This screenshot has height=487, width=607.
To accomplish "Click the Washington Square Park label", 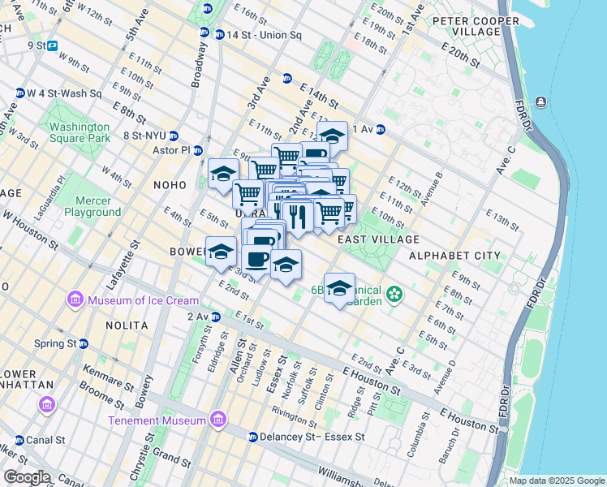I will [x=79, y=132].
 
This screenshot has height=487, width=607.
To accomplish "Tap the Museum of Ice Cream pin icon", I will [x=75, y=301].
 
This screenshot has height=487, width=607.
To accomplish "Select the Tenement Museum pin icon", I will [x=217, y=420].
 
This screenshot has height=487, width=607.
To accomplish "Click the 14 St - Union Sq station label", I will [x=257, y=35].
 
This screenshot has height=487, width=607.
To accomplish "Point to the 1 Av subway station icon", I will [x=380, y=129].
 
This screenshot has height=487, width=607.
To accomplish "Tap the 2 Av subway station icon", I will [x=215, y=317].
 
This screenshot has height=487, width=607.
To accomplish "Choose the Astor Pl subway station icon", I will [x=196, y=150].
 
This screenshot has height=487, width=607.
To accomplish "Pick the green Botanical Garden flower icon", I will [x=394, y=293].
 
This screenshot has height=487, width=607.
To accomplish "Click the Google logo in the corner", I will [x=28, y=477].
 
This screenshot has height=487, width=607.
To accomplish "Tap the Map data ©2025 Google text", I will [x=556, y=481].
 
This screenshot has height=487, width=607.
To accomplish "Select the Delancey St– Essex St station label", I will [x=312, y=437].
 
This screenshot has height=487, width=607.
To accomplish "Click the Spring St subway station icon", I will [x=83, y=343].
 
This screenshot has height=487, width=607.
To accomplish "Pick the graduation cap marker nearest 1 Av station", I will [x=332, y=134].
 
